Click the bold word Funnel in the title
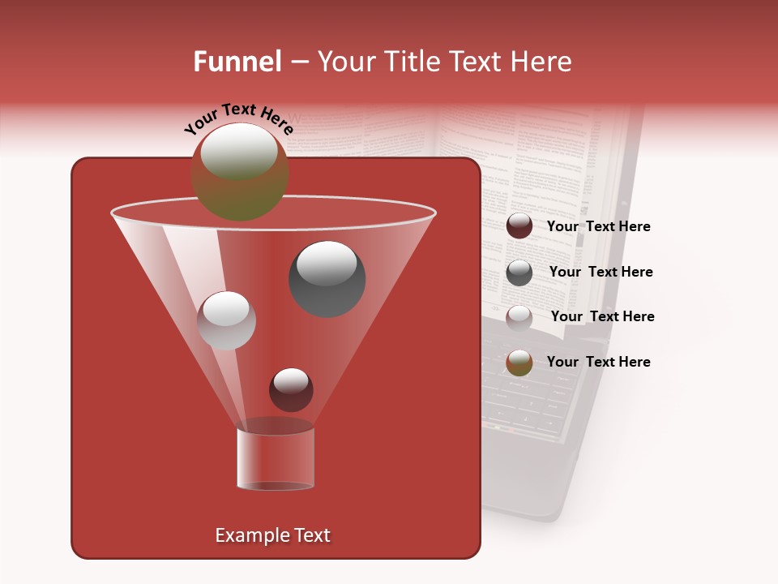(237, 62)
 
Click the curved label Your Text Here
(239, 118)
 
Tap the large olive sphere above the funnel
(239, 172)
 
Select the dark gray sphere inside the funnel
(327, 278)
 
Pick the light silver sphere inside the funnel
(226, 320)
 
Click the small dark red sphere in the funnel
(291, 389)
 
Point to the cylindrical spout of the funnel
(276, 458)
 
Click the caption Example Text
(272, 535)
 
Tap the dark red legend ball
(519, 226)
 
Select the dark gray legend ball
(519, 272)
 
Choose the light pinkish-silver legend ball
(519, 316)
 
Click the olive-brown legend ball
(519, 362)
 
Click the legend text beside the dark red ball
(598, 226)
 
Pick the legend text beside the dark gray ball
(601, 272)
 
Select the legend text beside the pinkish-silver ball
(602, 316)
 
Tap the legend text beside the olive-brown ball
(598, 362)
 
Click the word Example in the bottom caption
(246, 535)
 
